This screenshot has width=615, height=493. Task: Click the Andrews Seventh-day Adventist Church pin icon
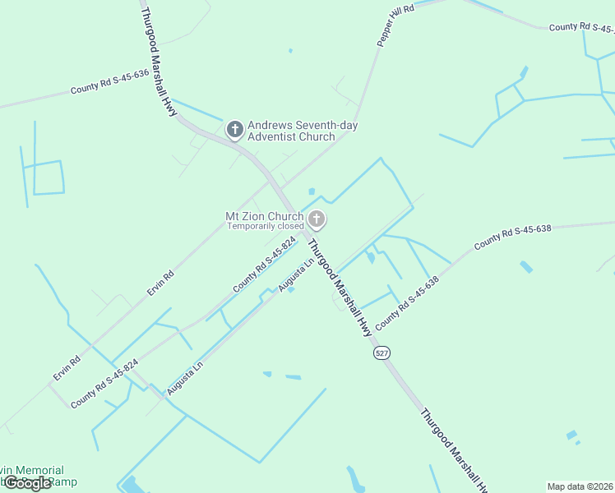pos(235,129)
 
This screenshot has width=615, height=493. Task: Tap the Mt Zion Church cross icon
pos(317,219)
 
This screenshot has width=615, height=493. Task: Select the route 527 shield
pos(381,352)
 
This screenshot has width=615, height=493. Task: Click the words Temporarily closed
pos(266,226)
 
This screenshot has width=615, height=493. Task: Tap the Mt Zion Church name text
pos(265,216)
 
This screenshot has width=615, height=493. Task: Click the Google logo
pos(27,483)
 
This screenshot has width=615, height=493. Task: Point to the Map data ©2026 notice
pos(580,486)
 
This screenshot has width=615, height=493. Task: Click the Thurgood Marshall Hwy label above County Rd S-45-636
pos(159,62)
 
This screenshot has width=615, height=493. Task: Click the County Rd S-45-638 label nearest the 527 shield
pos(407,304)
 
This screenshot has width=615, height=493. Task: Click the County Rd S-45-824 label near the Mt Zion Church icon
pos(264,265)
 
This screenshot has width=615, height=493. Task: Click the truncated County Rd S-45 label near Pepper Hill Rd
pos(581,27)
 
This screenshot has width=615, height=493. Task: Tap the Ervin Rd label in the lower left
pos(67,367)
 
